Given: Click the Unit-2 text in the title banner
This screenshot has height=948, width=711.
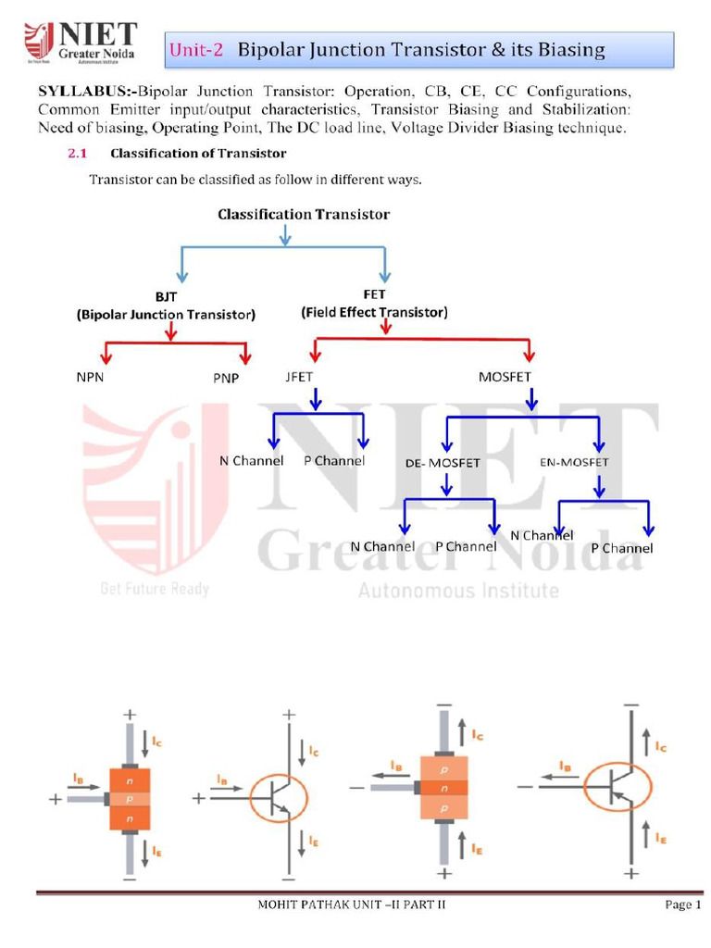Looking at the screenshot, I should click(196, 50).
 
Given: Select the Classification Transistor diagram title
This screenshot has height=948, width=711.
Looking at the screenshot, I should click(304, 214).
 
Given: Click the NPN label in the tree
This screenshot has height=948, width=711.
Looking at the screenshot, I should click(94, 379).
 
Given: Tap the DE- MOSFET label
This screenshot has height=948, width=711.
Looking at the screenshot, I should click(443, 463).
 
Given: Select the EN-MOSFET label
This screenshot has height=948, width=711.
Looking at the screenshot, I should click(573, 461).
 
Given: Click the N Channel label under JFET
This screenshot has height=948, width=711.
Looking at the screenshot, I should click(251, 461).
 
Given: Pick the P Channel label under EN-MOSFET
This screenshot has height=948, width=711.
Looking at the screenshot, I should click(621, 548).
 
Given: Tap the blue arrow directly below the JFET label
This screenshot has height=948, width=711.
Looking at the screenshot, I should click(316, 399).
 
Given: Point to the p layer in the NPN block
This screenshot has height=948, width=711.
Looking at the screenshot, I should click(129, 797).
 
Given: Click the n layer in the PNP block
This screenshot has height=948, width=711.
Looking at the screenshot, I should click(445, 788).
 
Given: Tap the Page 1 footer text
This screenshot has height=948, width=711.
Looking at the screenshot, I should click(683, 904).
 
